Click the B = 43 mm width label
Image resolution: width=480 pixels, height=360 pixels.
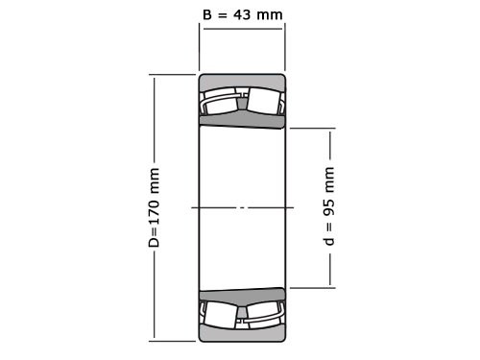[x=242, y=14]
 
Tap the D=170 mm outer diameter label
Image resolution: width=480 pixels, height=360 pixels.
[x=154, y=207]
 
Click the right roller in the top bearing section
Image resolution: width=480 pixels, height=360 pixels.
[x=261, y=102]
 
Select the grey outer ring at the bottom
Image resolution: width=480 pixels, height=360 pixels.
[x=242, y=333]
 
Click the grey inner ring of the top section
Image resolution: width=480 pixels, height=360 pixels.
[x=242, y=120]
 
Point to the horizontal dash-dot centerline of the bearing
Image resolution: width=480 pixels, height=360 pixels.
[x=242, y=207]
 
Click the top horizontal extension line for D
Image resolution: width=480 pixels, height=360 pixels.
[x=173, y=75]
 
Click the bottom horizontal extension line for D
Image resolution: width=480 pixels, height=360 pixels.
[x=173, y=340]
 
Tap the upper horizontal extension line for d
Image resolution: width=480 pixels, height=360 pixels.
[x=309, y=128]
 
